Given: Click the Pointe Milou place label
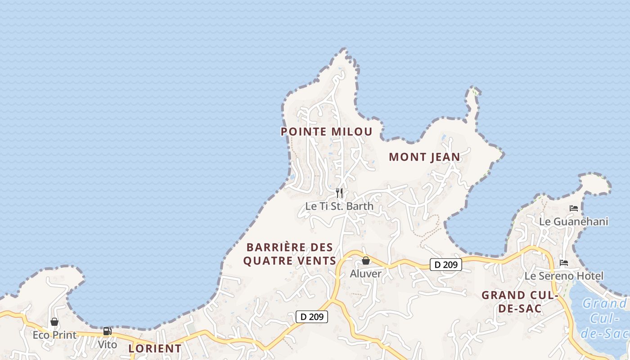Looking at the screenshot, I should pyautogui.click(x=327, y=132).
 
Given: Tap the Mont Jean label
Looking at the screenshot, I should pyautogui.click(x=424, y=157).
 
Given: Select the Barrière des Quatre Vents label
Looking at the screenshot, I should pyautogui.click(x=290, y=254).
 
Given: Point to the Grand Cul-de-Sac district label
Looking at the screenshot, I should pyautogui.click(x=520, y=302).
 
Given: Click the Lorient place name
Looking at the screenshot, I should pyautogui.click(x=155, y=348).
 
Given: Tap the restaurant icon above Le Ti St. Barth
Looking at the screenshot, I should pyautogui.click(x=339, y=193).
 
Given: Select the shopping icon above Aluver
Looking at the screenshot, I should pyautogui.click(x=366, y=261).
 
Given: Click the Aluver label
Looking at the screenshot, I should pyautogui.click(x=366, y=274).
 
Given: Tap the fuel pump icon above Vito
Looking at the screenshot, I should pyautogui.click(x=107, y=331).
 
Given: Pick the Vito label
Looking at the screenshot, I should pyautogui.click(x=108, y=345).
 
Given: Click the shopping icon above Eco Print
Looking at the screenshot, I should pyautogui.click(x=54, y=322).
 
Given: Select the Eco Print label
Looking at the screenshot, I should pyautogui.click(x=55, y=335).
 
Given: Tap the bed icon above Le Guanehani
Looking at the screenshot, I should pyautogui.click(x=574, y=208).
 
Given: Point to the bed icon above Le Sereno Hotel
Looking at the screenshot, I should pyautogui.click(x=564, y=263).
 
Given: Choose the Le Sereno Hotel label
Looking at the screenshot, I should pyautogui.click(x=564, y=276).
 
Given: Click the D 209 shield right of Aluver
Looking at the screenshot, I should pyautogui.click(x=446, y=265).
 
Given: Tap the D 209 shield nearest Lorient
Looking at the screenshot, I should pyautogui.click(x=312, y=317).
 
